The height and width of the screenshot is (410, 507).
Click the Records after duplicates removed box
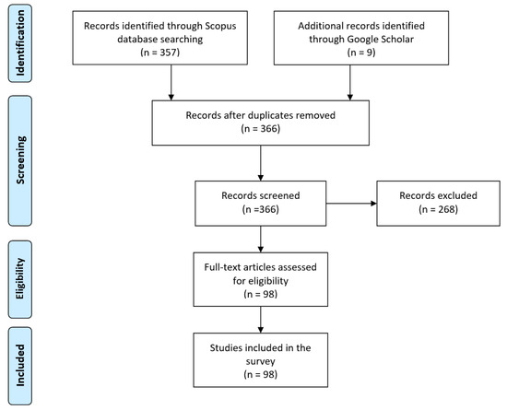264,124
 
